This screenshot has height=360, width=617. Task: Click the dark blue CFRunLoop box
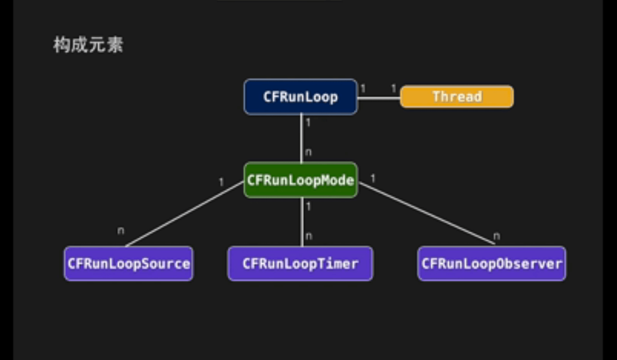(x=300, y=97)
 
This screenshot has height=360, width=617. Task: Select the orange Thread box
(x=457, y=97)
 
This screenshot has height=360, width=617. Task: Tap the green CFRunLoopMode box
(x=300, y=180)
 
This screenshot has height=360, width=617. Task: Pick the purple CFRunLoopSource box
(x=128, y=264)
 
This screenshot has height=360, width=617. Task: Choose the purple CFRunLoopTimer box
(x=300, y=264)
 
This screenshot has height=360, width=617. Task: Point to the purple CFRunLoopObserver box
(x=491, y=264)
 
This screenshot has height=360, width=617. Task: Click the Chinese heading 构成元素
(x=88, y=45)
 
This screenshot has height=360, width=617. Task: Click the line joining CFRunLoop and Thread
(x=378, y=97)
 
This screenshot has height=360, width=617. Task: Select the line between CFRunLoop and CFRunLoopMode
(x=301, y=137)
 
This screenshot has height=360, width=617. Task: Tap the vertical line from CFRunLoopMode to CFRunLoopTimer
(x=302, y=222)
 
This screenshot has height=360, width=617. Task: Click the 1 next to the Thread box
(x=394, y=89)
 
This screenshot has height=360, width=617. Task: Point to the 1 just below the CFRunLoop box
(x=308, y=122)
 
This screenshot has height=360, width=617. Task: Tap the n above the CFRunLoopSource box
(x=120, y=231)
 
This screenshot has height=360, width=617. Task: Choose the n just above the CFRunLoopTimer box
(x=309, y=236)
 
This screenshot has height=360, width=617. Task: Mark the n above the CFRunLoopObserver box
(x=497, y=236)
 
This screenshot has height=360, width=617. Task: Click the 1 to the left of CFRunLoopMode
(x=222, y=182)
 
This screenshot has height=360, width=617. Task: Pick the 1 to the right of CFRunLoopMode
(x=373, y=179)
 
